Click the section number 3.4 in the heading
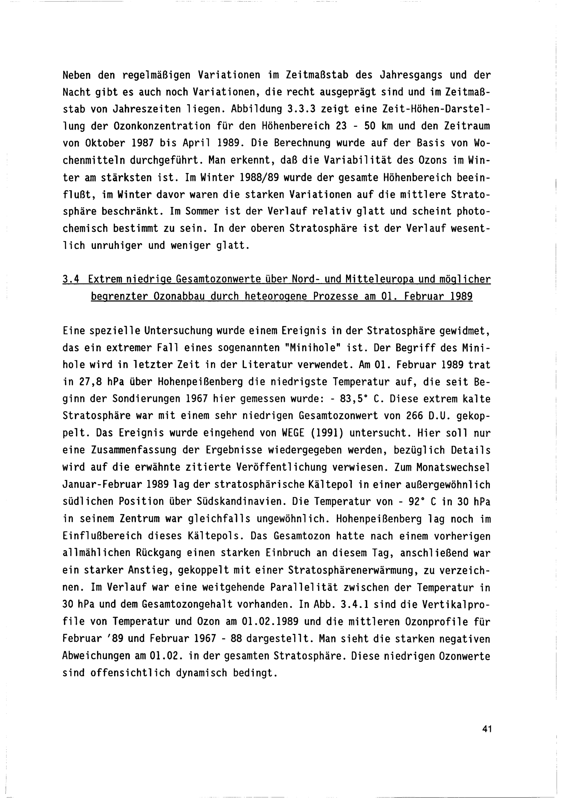71,279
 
